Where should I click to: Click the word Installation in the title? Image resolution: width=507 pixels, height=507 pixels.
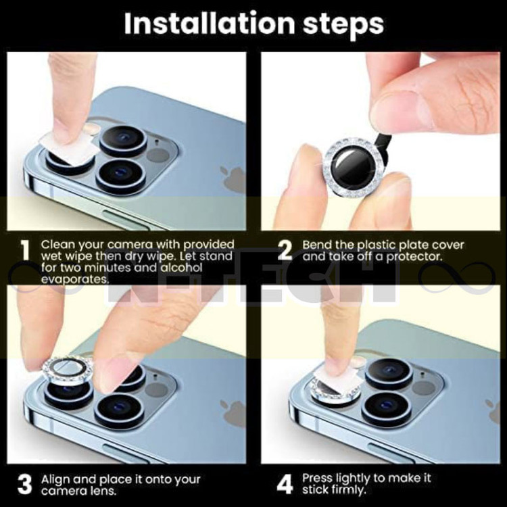pos(209,23)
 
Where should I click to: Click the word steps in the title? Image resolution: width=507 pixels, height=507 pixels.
pos(343,24)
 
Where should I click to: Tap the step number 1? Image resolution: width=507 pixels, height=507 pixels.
pos(25,251)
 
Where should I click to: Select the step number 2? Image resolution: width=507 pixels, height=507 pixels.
pos(285,251)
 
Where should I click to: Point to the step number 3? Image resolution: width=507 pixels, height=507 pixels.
pos(25,484)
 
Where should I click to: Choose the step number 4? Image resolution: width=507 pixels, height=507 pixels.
pos(285,484)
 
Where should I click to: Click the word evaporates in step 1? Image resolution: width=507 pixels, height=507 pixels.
pos(75,279)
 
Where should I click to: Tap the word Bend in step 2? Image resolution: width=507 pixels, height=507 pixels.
pos(317,245)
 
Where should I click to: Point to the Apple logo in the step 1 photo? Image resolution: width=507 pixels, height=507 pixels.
pos(232,180)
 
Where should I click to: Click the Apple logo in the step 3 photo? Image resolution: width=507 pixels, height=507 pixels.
pos(232,412)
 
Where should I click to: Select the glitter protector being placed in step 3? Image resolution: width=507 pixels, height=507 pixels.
pos(67,370)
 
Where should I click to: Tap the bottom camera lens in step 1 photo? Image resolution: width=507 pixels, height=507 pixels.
pos(121,176)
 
